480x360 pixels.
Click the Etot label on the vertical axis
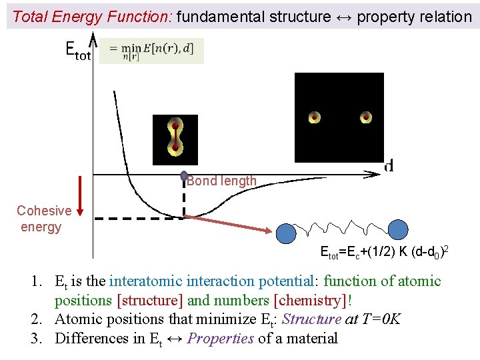[x=77, y=51]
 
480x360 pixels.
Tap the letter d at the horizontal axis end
[x=389, y=165]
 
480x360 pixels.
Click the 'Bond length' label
[x=221, y=181]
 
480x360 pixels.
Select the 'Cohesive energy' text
[x=43, y=219]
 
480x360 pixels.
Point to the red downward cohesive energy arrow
[x=80, y=196]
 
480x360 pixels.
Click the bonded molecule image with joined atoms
[x=175, y=139]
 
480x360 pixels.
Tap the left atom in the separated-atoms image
[x=315, y=117]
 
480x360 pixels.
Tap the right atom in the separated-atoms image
[x=365, y=117]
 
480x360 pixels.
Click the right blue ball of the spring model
[x=398, y=229]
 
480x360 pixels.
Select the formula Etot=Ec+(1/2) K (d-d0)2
[x=384, y=253]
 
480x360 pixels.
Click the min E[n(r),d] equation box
[x=151, y=51]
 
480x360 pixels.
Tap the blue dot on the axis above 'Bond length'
[x=184, y=176]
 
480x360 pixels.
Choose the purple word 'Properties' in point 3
[x=221, y=338]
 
